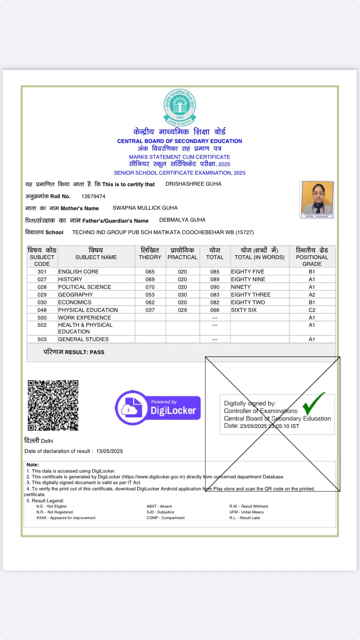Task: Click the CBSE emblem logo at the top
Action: click(180, 107)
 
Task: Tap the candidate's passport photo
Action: click(317, 200)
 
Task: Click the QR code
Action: click(53, 405)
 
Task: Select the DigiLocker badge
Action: click(157, 407)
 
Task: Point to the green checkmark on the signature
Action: click(314, 403)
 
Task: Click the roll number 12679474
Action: click(93, 196)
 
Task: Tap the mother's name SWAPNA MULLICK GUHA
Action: click(145, 208)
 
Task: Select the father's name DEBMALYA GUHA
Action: click(182, 220)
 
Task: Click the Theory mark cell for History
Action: click(150, 279)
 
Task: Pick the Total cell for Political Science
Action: click(215, 287)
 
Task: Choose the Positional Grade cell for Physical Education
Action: click(312, 310)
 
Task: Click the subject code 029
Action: click(42, 295)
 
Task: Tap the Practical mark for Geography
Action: click(182, 295)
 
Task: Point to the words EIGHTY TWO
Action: click(248, 302)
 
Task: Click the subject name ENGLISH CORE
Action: click(78, 272)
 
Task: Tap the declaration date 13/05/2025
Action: click(109, 451)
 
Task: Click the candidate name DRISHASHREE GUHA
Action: click(193, 184)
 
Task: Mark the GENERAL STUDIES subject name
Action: click(84, 339)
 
